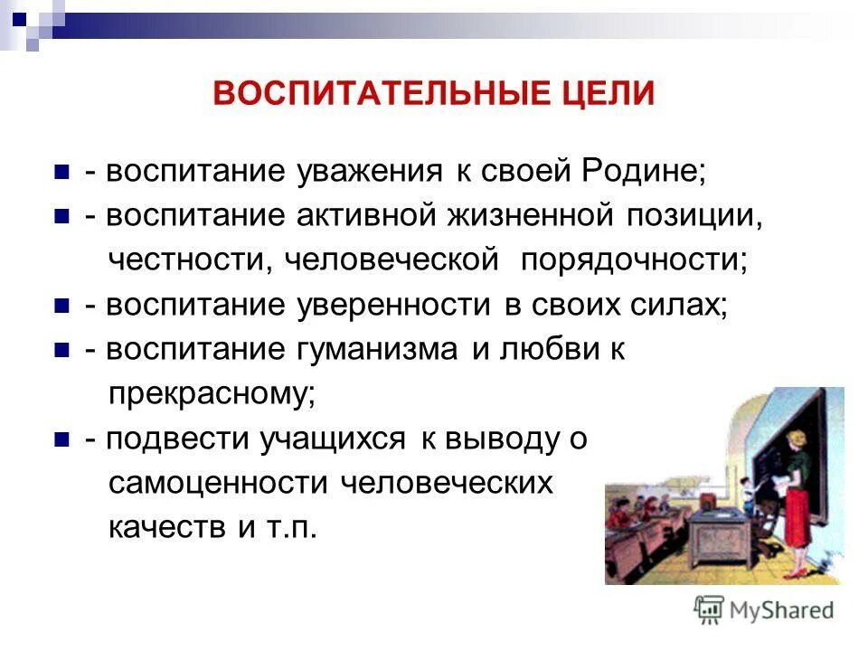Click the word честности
192,260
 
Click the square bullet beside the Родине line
62,173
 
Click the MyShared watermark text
782,609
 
